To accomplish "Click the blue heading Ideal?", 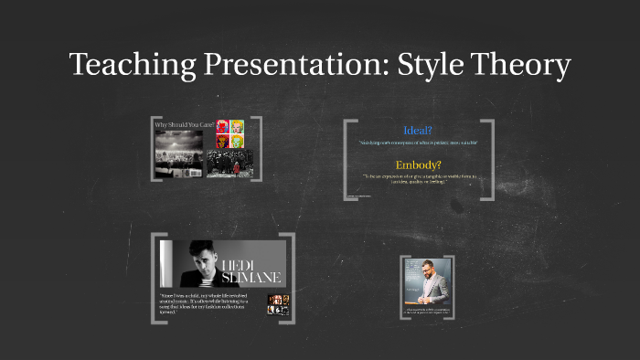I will tap(418, 130).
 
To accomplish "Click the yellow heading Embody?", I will tap(418, 164).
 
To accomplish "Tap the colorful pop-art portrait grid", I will tap(229, 133).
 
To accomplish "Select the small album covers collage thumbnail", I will tap(277, 303).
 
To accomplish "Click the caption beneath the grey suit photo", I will tap(429, 312).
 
